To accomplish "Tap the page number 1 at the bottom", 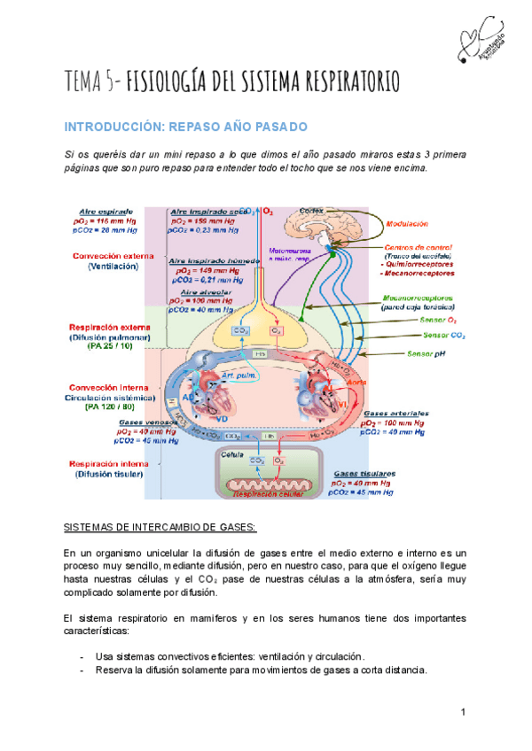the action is click(463, 713).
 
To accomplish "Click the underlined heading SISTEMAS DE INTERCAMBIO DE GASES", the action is click(160, 528).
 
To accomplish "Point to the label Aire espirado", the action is click(105, 213).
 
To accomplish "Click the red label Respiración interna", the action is click(112, 462).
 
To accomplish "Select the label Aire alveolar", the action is click(202, 290).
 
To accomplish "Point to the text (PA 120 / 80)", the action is click(108, 408).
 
